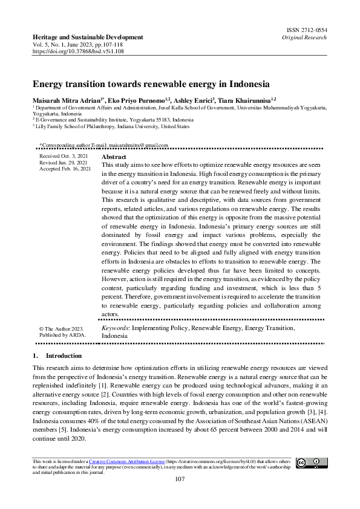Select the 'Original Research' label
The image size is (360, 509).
pos(304,37)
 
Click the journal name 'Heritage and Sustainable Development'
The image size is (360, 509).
pos(88,37)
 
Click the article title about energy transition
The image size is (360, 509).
pos(151,84)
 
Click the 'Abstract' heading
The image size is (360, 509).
pos(114,157)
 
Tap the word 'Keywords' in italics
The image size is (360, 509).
pos(114,328)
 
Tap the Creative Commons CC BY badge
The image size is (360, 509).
pos(312,463)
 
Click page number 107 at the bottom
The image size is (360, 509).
pos(179,479)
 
